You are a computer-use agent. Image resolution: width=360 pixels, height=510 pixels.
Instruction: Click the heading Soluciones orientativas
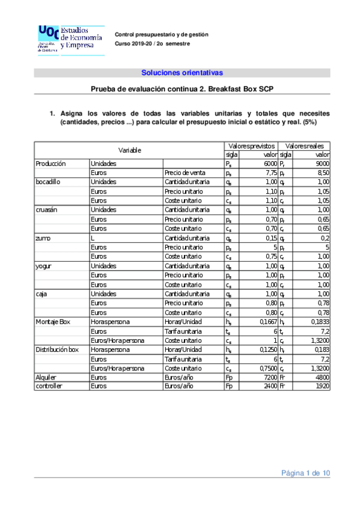click(x=182, y=73)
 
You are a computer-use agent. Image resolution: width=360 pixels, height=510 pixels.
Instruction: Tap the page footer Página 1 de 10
click(x=306, y=473)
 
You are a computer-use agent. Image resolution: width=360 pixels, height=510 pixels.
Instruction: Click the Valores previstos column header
click(x=251, y=146)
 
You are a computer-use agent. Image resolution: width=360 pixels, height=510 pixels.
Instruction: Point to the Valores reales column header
click(x=305, y=146)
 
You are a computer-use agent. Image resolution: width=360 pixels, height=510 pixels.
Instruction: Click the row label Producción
click(x=50, y=163)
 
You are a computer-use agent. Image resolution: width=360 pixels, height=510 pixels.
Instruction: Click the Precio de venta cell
click(x=185, y=172)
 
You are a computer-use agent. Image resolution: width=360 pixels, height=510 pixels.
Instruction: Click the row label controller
click(x=49, y=386)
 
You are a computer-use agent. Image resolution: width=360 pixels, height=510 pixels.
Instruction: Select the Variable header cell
click(x=129, y=150)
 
